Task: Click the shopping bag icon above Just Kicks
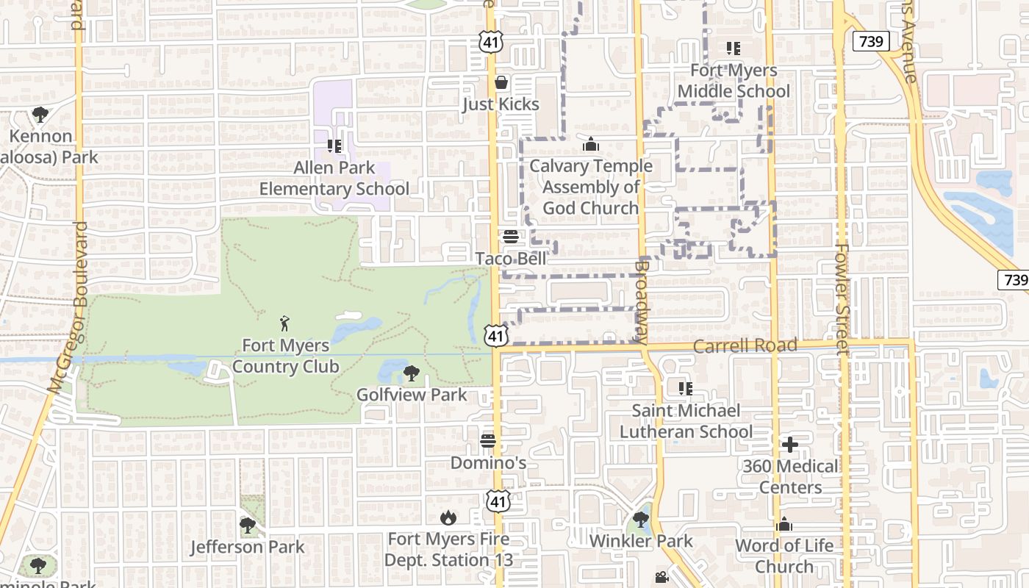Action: tap(501, 82)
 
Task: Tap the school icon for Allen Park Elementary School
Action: tap(334, 146)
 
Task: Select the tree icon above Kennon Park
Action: tap(40, 115)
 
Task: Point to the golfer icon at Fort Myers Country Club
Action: tap(285, 323)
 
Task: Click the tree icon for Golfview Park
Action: tap(412, 373)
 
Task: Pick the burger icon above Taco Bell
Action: tap(510, 237)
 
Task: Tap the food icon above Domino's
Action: tap(488, 441)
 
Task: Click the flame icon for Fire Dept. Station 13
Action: tap(448, 518)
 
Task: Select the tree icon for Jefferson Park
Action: tap(248, 526)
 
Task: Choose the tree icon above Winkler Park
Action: tap(641, 520)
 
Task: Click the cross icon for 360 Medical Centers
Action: tap(790, 445)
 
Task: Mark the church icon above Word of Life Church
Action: tap(784, 525)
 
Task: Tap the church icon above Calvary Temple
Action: tap(590, 145)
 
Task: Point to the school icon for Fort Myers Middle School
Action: tap(733, 49)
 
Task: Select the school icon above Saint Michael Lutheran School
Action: tap(686, 388)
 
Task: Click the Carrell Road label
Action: tap(745, 345)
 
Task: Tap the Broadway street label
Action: tap(641, 301)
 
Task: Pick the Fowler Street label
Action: tap(842, 298)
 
